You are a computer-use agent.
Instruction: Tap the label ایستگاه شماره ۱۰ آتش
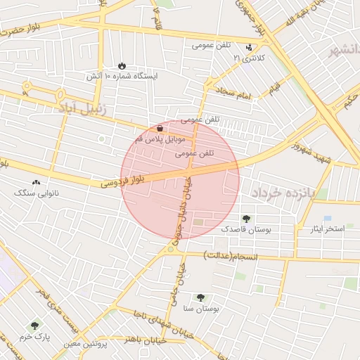coord(122,75)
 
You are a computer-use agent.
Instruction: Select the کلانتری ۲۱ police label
coord(250,58)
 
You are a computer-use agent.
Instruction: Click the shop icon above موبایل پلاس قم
coord(160,129)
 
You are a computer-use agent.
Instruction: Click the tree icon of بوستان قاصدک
coord(245,219)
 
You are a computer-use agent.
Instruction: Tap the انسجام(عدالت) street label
coord(232,255)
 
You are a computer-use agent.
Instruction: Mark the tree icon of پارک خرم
coord(34,326)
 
